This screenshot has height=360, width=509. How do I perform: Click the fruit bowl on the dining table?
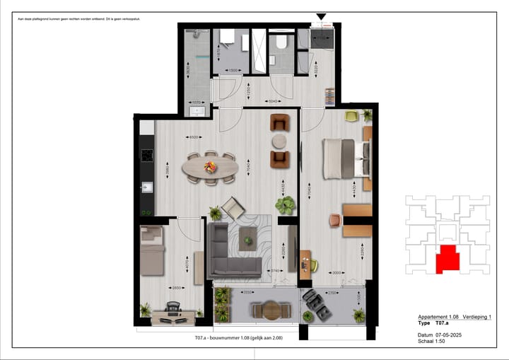(209, 167)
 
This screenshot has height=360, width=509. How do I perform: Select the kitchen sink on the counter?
(147, 187)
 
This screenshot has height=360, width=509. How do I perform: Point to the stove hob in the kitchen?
(147, 155)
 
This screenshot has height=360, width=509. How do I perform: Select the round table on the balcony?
(267, 308)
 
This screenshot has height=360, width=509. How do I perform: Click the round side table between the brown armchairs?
(280, 139)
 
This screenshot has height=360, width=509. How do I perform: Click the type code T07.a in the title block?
(443, 323)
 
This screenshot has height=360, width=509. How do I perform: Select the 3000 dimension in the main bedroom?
(338, 272)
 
